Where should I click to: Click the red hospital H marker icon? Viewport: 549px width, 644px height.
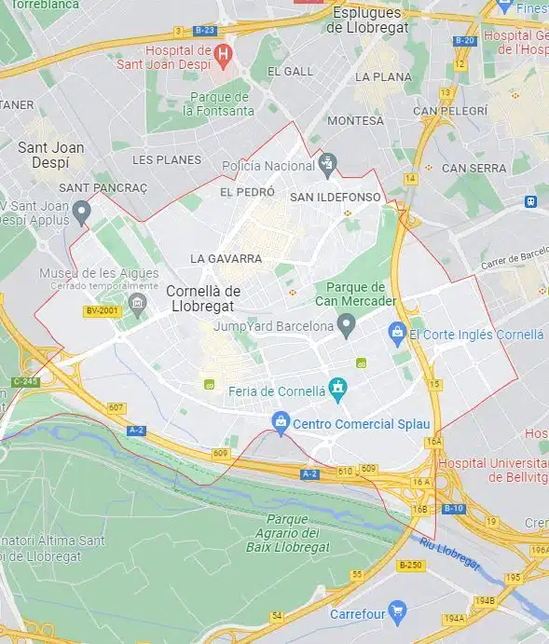(223, 55)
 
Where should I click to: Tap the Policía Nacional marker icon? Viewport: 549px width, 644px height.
(327, 166)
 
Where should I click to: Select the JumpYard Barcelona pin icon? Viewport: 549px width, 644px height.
(347, 326)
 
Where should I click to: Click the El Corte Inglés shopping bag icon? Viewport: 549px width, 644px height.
(397, 333)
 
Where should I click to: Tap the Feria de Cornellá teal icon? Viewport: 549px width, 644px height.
(337, 385)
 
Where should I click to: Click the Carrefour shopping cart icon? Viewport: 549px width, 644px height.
(398, 613)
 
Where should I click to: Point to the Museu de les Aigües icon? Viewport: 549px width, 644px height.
(138, 302)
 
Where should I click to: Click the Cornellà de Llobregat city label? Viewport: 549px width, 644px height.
(203, 298)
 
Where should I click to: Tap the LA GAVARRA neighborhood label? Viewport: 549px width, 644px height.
(226, 258)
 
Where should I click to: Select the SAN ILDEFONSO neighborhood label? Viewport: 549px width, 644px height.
(336, 197)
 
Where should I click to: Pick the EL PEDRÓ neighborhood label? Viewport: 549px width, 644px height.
(247, 192)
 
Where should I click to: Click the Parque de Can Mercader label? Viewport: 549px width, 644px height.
(359, 294)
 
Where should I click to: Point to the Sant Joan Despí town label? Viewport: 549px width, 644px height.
(50, 154)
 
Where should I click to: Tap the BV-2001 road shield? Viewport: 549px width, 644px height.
(103, 311)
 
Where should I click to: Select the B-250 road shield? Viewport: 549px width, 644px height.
(410, 565)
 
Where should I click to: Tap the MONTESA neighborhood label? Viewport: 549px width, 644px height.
(355, 120)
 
